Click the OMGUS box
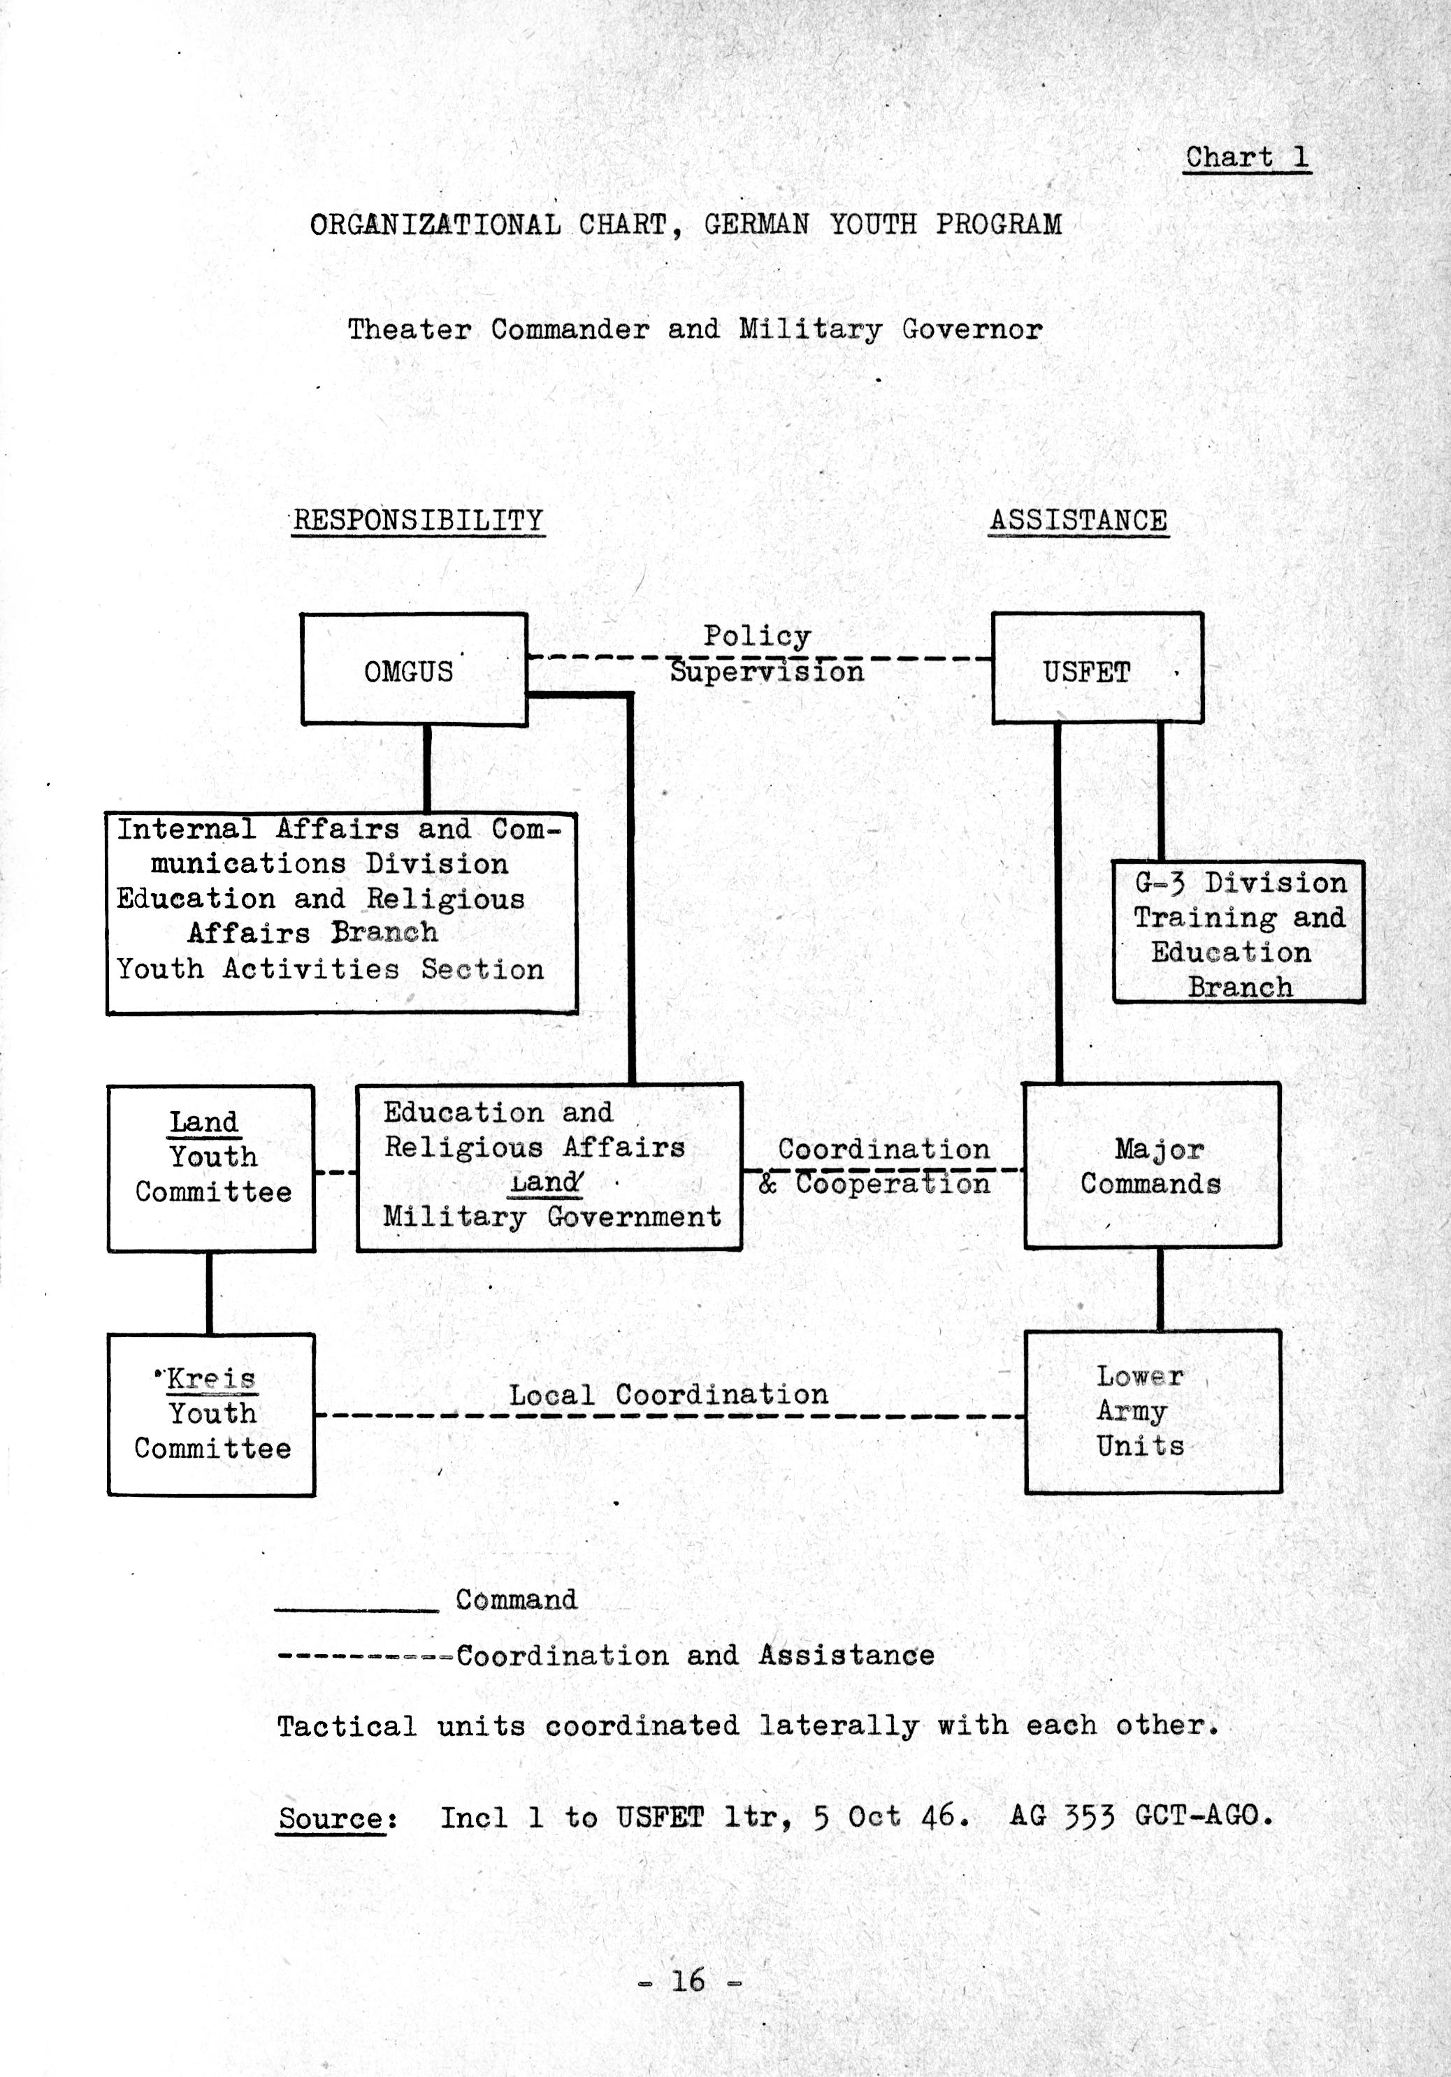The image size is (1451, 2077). tap(413, 670)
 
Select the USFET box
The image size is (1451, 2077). tap(1097, 669)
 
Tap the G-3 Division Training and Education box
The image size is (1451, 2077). tap(1238, 932)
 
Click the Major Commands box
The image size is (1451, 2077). tap(1152, 1165)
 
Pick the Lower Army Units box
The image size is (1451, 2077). tap(1153, 1411)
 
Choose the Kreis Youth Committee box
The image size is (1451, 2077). tap(211, 1414)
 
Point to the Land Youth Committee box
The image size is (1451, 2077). tap(211, 1168)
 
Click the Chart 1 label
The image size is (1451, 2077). tap(1246, 157)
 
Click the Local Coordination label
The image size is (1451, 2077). tap(667, 1394)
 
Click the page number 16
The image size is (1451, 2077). tap(688, 1980)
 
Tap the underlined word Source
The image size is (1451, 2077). tap(332, 1817)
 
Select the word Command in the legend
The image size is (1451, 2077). tap(516, 1600)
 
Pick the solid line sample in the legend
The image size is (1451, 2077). tap(356, 1610)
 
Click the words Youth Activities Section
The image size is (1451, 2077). tap(330, 969)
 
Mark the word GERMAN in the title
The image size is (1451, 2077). tap(756, 224)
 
